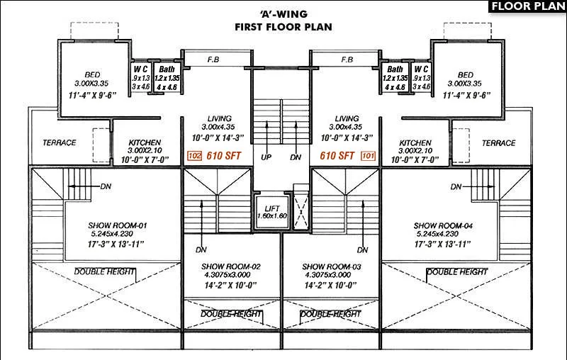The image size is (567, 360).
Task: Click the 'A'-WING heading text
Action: tap(283, 13)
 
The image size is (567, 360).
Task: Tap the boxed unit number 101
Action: tap(368, 155)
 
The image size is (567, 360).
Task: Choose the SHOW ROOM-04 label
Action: tap(444, 226)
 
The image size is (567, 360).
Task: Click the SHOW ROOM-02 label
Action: tap(221, 266)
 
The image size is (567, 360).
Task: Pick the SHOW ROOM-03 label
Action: tap(326, 266)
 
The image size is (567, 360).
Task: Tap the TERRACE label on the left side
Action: tap(60, 143)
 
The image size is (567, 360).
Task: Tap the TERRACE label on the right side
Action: tap(499, 143)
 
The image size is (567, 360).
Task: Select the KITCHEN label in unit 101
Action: tap(415, 142)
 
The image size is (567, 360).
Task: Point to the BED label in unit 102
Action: tap(92, 74)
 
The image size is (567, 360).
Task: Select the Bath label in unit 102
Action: tap(167, 69)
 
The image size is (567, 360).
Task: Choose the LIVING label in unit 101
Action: tap(347, 118)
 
